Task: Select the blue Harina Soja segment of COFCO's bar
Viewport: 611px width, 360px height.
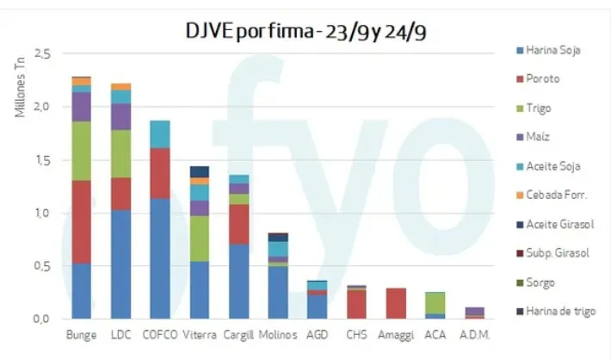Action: click(159, 258)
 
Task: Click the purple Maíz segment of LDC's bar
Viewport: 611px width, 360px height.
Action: click(120, 116)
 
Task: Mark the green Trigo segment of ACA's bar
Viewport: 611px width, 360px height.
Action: click(435, 302)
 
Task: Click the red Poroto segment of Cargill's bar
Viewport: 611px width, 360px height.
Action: click(238, 224)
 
